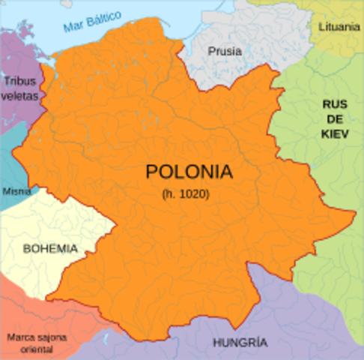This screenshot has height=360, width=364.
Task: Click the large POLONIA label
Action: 188,172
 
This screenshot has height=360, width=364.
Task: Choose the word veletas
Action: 19,96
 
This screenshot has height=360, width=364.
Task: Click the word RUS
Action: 335,104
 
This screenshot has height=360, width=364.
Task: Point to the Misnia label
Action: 16,191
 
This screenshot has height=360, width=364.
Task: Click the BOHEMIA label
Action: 50,247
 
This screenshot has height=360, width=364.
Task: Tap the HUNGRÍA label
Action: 239,343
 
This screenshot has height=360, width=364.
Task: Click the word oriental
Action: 37,349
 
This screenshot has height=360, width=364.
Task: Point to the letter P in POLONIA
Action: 151,172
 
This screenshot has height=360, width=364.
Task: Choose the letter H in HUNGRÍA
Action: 216,343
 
